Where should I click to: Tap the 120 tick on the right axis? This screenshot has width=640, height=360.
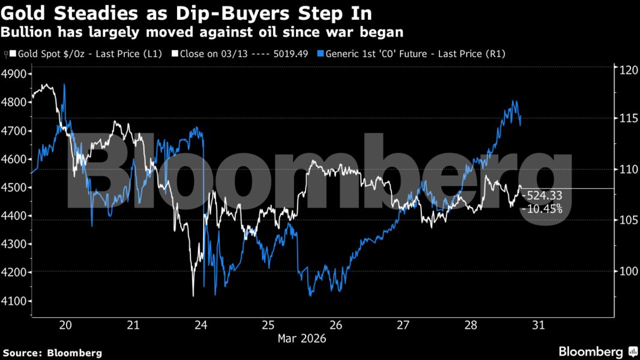pyautogui.click(x=627, y=70)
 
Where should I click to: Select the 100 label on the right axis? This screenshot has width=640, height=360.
pyautogui.click(x=627, y=271)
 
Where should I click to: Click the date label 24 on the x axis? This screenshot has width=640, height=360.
pyautogui.click(x=201, y=325)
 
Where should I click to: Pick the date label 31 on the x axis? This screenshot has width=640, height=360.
pyautogui.click(x=538, y=325)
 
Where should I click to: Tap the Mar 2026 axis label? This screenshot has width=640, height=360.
pyautogui.click(x=301, y=338)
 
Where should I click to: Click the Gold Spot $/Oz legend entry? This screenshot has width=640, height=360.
pyautogui.click(x=85, y=54)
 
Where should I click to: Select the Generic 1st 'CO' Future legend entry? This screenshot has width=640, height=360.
pyautogui.click(x=414, y=54)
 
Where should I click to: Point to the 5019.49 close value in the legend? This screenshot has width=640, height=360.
pyautogui.click(x=291, y=54)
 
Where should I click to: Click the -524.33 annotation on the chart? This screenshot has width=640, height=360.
pyautogui.click(x=542, y=196)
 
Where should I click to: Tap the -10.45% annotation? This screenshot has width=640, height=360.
pyautogui.click(x=542, y=209)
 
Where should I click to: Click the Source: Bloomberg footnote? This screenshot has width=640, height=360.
pyautogui.click(x=52, y=353)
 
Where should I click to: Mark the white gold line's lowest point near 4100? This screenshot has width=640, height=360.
pyautogui.click(x=193, y=295)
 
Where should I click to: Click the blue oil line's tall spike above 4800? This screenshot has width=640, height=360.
pyautogui.click(x=64, y=85)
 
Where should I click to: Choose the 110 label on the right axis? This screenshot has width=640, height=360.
pyautogui.click(x=627, y=170)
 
